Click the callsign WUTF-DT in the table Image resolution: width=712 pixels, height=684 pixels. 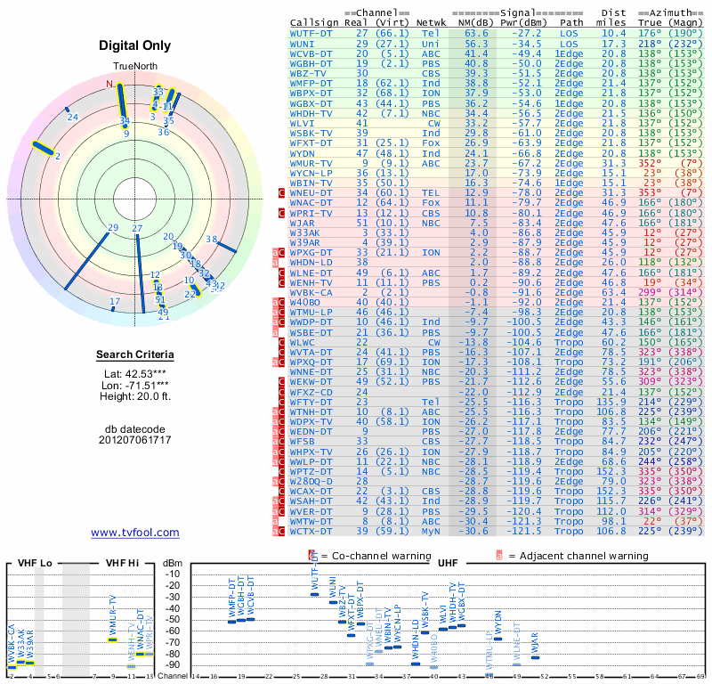click(x=311, y=32)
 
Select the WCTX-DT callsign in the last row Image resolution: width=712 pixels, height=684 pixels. click(x=311, y=532)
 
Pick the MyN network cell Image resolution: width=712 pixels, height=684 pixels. click(x=430, y=532)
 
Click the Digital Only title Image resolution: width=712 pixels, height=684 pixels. click(x=135, y=45)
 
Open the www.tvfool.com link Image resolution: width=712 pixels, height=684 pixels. click(x=135, y=533)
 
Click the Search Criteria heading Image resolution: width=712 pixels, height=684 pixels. click(x=135, y=355)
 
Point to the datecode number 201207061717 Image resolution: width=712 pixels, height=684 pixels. click(x=135, y=440)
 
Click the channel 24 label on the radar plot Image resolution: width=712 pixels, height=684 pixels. click(x=73, y=117)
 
